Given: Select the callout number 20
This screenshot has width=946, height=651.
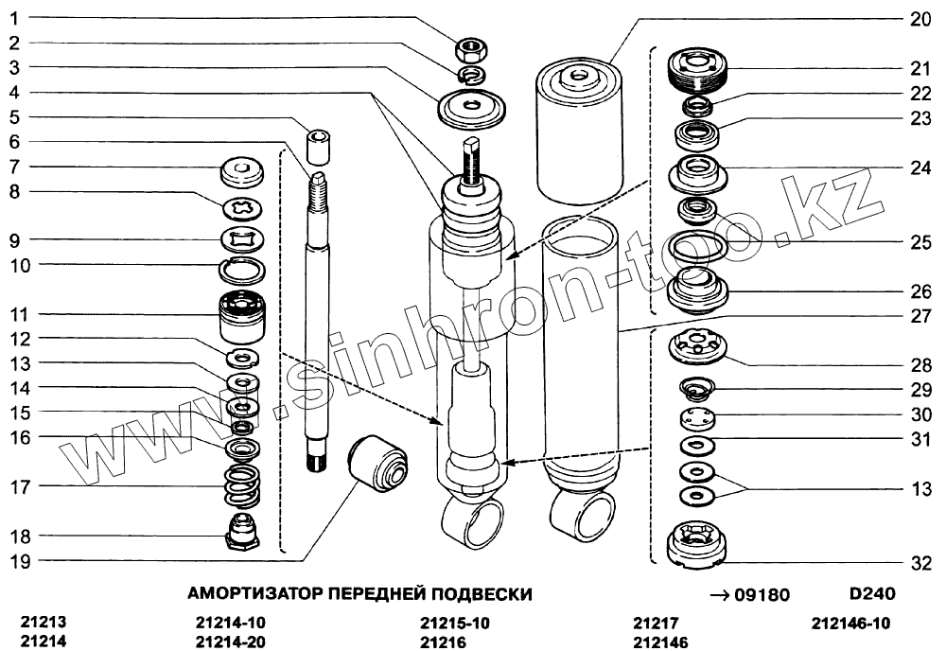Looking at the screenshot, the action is (920, 19).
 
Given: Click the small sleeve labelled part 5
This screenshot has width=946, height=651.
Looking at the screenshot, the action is (319, 146).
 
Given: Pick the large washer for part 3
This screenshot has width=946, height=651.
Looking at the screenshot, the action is (472, 109).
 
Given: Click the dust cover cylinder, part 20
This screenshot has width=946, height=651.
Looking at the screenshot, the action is (579, 131).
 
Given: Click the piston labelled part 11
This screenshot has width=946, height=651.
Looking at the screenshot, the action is (242, 315).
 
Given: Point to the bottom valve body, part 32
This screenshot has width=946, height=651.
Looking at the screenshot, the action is (697, 544).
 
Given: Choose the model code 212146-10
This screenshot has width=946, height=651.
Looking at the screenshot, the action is (850, 623).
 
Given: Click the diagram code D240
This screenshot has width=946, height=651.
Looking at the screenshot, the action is (872, 593).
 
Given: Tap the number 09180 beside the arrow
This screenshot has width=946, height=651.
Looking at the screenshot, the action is (762, 595).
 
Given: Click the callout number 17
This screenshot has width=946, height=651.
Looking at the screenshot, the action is (20, 487).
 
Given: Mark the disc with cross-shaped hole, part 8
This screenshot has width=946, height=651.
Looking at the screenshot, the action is (242, 209).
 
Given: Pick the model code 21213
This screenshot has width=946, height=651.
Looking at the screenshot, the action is (43, 622).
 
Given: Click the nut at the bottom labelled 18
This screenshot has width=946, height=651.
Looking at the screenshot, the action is (242, 532).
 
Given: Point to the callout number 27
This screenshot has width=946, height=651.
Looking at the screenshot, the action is (920, 316).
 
